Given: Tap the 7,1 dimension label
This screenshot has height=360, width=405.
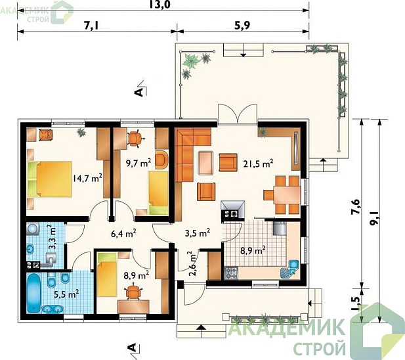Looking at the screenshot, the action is [x=92, y=26].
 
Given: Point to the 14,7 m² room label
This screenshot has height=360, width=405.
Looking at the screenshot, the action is [x=87, y=178].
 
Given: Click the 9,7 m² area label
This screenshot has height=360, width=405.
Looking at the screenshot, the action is [x=139, y=163].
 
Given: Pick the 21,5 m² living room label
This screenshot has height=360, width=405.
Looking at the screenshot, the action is [x=258, y=164].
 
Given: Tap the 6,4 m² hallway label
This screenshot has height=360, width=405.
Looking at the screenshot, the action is [x=123, y=233].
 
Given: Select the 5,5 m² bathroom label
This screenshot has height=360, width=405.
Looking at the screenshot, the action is [x=66, y=294].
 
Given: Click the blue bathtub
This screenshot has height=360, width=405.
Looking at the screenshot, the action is [x=34, y=293].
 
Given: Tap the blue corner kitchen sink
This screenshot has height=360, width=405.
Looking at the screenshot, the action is [x=290, y=269].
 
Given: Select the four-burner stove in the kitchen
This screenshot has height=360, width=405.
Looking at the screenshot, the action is [x=231, y=273].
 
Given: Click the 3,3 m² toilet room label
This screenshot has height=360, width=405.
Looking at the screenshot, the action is [x=53, y=237].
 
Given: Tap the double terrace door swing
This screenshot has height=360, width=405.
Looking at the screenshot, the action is [x=238, y=113].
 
